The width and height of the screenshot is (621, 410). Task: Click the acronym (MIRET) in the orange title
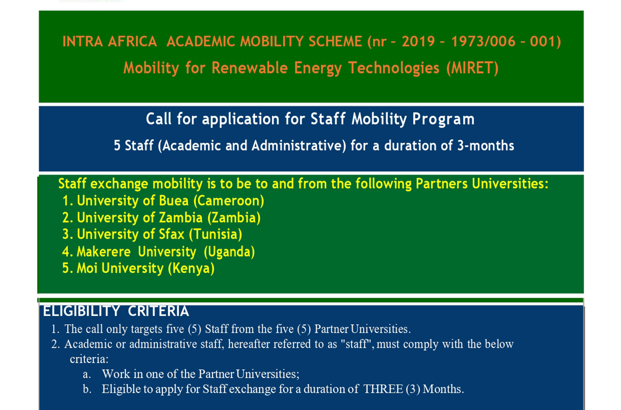point(472,68)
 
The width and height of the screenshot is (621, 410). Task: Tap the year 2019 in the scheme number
point(418,41)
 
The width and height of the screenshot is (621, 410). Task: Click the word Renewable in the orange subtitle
point(249,68)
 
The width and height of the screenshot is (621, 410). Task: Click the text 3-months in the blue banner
point(486,146)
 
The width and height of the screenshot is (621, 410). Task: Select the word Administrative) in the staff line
point(299,146)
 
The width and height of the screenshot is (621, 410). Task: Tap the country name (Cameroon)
point(229,201)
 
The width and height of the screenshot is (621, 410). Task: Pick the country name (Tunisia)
point(216,234)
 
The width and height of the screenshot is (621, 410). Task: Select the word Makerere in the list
point(104,252)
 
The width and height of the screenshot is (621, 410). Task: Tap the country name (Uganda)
point(229,252)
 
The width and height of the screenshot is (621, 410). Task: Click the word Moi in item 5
point(87,268)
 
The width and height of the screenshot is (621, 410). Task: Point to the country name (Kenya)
point(191,268)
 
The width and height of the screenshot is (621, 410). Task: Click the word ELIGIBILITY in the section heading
point(82,311)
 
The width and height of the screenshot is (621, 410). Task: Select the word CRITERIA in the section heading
point(158,311)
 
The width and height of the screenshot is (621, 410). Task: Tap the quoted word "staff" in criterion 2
point(357,344)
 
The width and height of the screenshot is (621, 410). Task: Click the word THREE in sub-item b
point(383,389)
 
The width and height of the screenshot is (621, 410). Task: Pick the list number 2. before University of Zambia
point(68,218)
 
